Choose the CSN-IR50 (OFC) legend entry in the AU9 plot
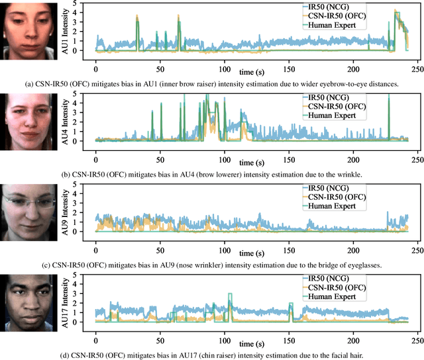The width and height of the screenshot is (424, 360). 335,196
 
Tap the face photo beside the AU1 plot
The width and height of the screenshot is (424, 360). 26,30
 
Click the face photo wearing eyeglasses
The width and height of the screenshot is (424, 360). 26,211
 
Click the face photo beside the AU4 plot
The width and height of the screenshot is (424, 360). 26,120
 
